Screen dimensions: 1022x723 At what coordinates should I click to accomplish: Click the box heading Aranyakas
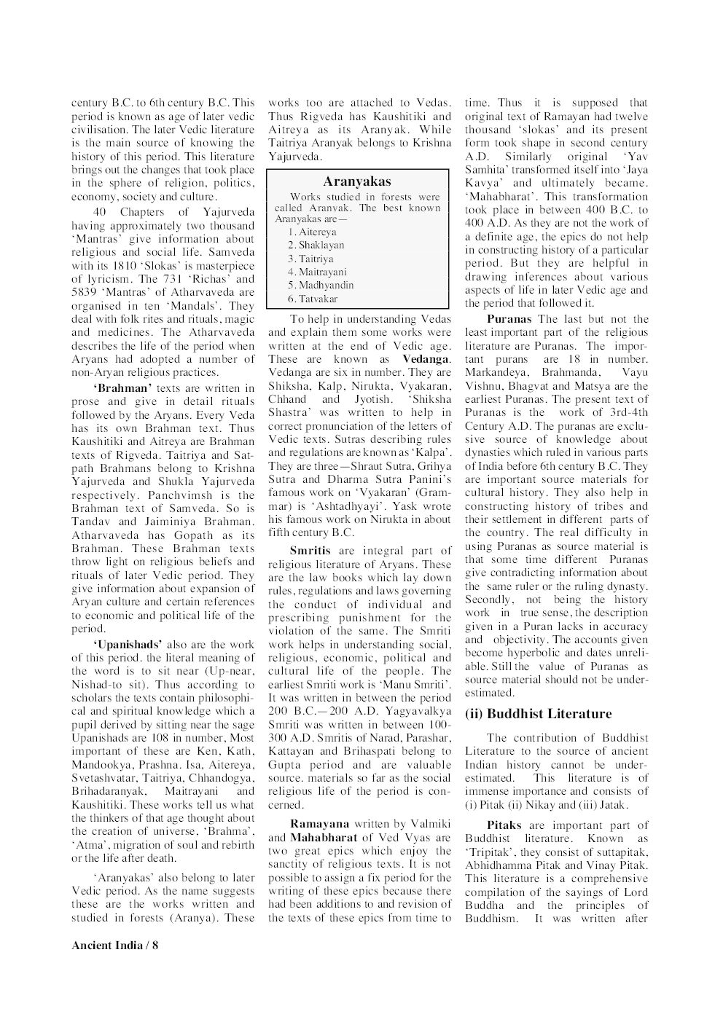pyautogui.click(x=356, y=181)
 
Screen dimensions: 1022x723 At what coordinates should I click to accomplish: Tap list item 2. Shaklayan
pyautogui.click(x=316, y=245)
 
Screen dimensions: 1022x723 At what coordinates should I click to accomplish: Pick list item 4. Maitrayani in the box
pyautogui.click(x=317, y=272)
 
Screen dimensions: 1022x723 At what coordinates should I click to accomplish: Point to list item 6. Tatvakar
pyautogui.click(x=313, y=299)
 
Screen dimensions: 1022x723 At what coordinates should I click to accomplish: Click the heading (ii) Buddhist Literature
pyautogui.click(x=538, y=714)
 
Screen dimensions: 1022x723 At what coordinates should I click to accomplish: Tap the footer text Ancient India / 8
pyautogui.click(x=114, y=946)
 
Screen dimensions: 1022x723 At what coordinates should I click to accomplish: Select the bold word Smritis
pyautogui.click(x=310, y=551)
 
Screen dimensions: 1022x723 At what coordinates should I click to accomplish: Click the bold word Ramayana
pyautogui.click(x=319, y=824)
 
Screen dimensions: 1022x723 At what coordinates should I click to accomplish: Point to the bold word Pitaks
pyautogui.click(x=504, y=825)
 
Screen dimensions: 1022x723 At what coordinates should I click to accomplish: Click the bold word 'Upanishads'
pyautogui.click(x=128, y=645)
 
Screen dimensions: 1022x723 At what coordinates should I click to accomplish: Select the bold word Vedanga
pyautogui.click(x=426, y=359)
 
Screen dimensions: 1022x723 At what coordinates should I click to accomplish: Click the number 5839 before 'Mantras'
pyautogui.click(x=83, y=293)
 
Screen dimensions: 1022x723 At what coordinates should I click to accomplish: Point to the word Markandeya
pyautogui.click(x=493, y=373)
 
